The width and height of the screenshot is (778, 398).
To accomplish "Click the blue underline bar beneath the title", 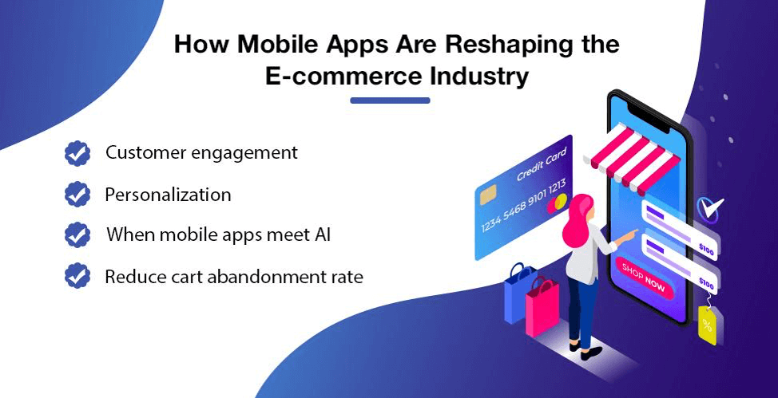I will click(390, 100).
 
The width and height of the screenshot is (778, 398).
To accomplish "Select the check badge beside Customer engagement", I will click(77, 153).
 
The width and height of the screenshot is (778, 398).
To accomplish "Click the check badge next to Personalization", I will click(77, 194).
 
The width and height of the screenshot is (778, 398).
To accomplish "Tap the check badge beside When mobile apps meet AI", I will click(77, 234).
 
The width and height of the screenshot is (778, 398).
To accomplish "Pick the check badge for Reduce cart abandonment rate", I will click(77, 276).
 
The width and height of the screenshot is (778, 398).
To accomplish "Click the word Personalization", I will click(168, 195).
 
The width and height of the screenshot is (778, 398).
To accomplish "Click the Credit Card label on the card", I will click(542, 164).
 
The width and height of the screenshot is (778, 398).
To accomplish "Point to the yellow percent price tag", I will click(707, 324).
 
